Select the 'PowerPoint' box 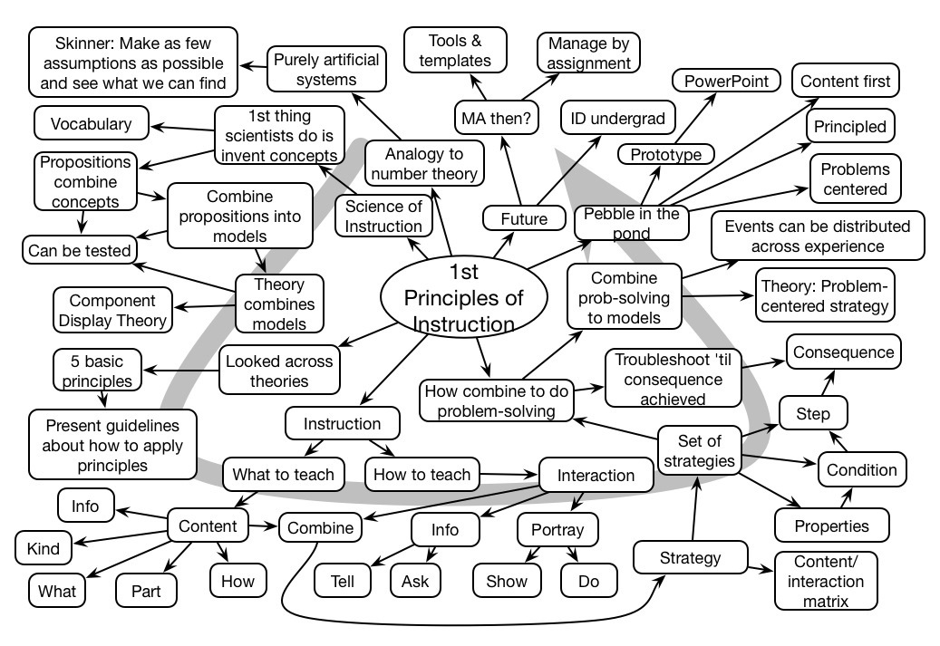click(x=726, y=81)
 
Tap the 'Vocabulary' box click(x=91, y=124)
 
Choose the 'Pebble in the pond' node click(x=631, y=222)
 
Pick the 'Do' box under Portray click(x=588, y=581)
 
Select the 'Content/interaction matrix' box click(x=822, y=580)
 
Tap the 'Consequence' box click(x=843, y=352)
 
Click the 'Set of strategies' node click(x=699, y=450)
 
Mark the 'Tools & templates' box click(x=460, y=50)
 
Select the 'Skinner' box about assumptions click(x=133, y=62)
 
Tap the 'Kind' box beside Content click(x=44, y=548)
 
